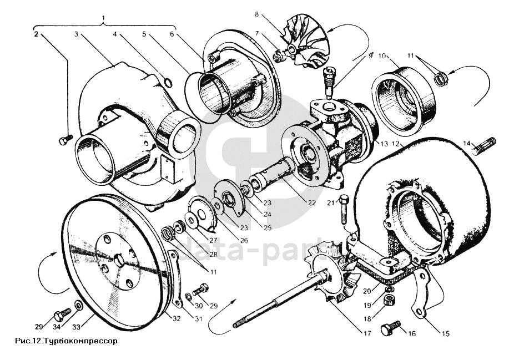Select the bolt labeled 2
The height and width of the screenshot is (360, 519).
pos(64,139)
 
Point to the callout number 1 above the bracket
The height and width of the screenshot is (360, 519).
pos(104,18)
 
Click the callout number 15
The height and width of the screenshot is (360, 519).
pos(446,334)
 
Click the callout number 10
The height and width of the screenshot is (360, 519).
pos(382,56)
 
